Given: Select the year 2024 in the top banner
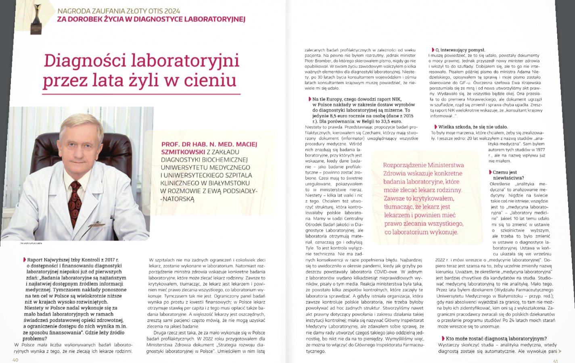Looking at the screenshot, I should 171,11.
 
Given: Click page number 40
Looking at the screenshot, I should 15,360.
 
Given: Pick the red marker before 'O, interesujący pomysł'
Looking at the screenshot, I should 433,50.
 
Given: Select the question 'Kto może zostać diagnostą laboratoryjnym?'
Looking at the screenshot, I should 496,339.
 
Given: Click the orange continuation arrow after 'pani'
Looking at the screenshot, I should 560,351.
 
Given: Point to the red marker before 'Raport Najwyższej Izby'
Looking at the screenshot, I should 25,260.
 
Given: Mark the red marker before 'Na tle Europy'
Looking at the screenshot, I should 310,99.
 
